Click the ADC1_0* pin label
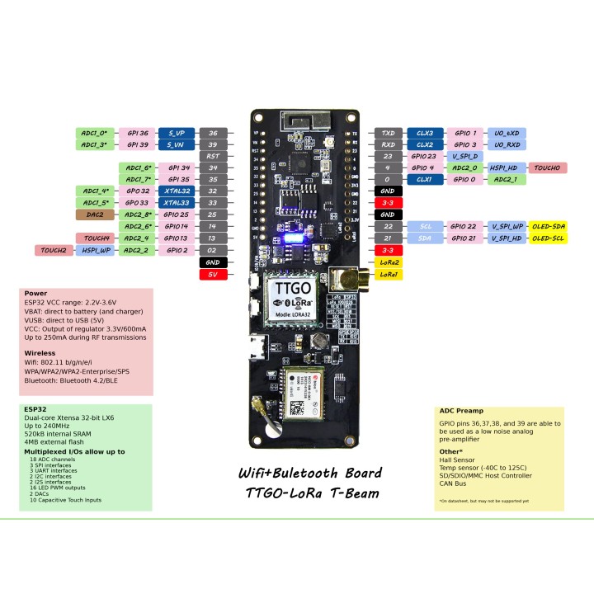point(94,133)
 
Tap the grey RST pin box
point(213,156)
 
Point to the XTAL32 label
point(177,191)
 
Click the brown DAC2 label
point(94,214)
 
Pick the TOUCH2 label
point(54,249)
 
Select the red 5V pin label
point(213,274)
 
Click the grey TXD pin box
point(387,133)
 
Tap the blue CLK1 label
point(425,179)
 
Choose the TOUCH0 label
point(548,167)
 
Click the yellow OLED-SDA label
point(549,226)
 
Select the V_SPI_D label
point(465,156)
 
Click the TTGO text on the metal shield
point(294,290)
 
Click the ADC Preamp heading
point(463,411)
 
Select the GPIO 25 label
point(177,214)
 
